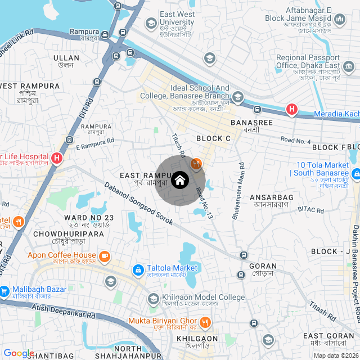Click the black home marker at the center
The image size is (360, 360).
179,181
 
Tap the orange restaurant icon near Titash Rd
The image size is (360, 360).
196,164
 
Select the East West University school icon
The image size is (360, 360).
151,24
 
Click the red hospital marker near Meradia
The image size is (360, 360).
291,110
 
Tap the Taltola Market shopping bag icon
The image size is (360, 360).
138,271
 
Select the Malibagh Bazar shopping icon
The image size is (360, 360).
4,290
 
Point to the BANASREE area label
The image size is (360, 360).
251,123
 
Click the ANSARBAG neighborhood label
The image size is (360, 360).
272,197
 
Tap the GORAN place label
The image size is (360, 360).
263,266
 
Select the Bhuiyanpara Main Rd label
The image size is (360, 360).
236,191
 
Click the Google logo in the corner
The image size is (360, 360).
19,353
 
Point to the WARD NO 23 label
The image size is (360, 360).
89,218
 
